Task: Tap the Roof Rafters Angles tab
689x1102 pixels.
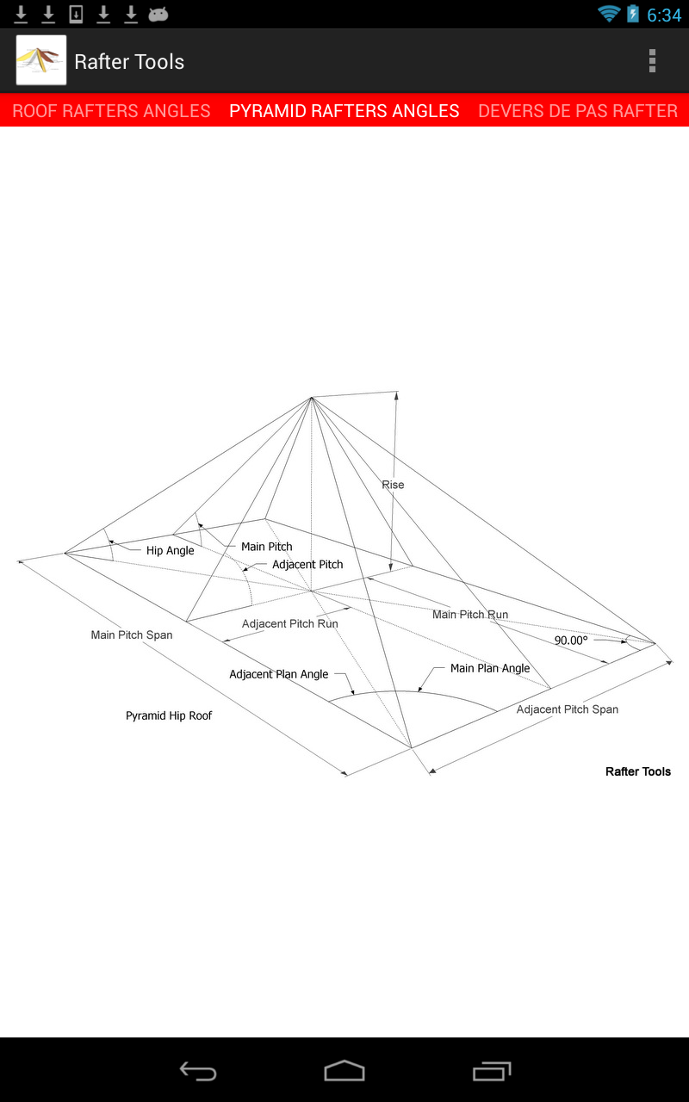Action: coord(111,111)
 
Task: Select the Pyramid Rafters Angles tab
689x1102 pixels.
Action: coord(344,111)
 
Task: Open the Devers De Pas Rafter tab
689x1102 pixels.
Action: coord(578,111)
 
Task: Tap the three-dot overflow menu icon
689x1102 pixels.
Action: coord(652,61)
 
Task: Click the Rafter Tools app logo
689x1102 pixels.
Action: coord(41,60)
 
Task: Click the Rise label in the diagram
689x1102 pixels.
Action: coord(393,485)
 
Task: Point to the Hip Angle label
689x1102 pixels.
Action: coord(171,551)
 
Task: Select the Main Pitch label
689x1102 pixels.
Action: coord(267,547)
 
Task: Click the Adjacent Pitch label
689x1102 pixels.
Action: coord(307,565)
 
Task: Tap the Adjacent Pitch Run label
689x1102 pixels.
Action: coord(290,623)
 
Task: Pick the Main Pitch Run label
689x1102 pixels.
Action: coord(470,615)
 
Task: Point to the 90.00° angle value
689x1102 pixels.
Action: coord(571,641)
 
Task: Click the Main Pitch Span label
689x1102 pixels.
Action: coord(132,635)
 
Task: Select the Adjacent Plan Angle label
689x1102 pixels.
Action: coord(279,674)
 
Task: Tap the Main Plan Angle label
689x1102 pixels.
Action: coord(490,668)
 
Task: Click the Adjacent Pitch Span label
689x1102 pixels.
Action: coord(568,709)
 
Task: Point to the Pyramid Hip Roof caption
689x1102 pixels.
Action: coord(169,715)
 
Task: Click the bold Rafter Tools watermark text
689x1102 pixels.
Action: coord(638,771)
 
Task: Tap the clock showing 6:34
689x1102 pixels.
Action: coord(664,15)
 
